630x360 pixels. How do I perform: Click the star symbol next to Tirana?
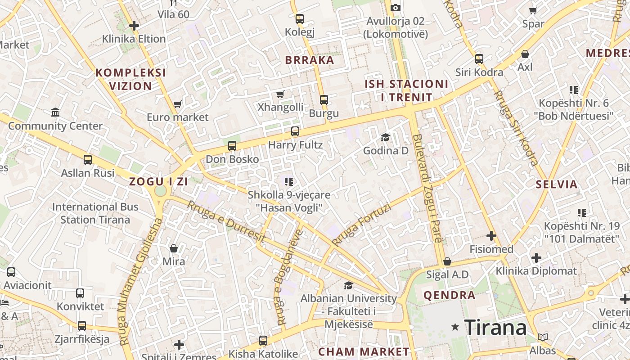[x=455, y=327]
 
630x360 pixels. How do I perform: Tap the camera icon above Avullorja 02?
[x=396, y=8]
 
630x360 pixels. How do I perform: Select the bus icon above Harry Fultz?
[x=295, y=131]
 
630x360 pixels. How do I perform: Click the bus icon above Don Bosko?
[x=232, y=145]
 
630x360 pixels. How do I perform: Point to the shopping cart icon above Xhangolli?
[x=280, y=94]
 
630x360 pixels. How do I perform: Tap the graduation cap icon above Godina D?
[x=386, y=137]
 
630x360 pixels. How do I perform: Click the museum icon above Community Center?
[x=55, y=112]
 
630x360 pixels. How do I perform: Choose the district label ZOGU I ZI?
[x=158, y=182]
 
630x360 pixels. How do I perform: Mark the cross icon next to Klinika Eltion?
[x=134, y=26]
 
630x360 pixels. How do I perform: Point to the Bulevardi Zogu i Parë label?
[x=428, y=188]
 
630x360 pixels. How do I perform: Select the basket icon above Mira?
[x=174, y=248]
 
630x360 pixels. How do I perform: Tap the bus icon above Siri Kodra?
[x=479, y=59]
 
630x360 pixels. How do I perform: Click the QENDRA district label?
[x=450, y=295]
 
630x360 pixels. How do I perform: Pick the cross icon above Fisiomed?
[x=491, y=236]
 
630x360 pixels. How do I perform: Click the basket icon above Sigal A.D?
[x=447, y=261]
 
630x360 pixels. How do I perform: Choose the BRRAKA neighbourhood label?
[x=310, y=60]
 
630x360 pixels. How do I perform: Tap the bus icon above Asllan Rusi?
[x=88, y=159]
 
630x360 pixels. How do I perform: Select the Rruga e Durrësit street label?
[x=226, y=221]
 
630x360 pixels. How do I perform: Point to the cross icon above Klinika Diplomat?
[x=536, y=258]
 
